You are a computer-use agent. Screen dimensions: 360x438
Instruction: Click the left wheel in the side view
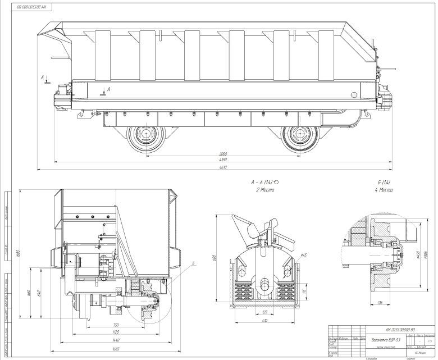148,137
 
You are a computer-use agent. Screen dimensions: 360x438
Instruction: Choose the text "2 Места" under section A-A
263,191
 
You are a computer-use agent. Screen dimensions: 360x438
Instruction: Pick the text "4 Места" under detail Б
385,191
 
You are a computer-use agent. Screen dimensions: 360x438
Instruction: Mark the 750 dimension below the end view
115,325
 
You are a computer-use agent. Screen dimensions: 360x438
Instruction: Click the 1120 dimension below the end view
115,332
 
